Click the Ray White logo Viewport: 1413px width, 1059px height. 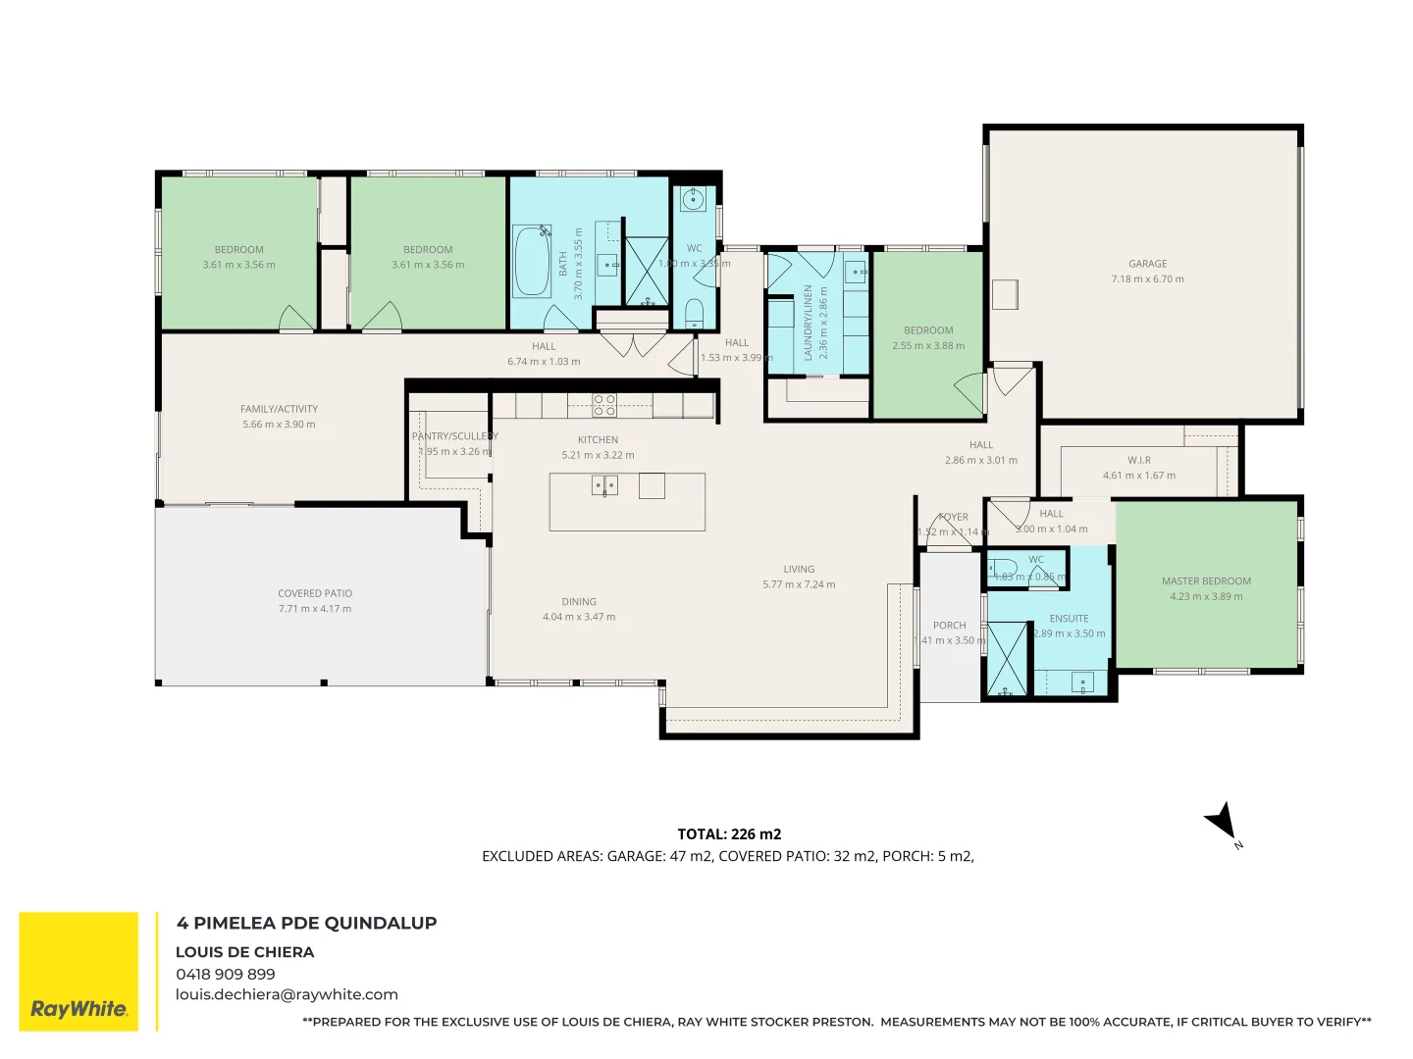tap(78, 972)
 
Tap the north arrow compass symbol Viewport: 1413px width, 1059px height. tap(1223, 822)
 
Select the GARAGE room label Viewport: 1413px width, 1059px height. tap(1147, 264)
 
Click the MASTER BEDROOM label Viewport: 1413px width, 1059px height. tap(1206, 581)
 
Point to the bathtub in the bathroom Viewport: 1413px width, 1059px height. tap(532, 261)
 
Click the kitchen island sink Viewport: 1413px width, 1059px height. tap(604, 485)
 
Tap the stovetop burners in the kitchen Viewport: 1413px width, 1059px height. tap(604, 405)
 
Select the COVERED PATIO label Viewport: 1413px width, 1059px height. tap(314, 593)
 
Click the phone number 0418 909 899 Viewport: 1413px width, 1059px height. tap(226, 974)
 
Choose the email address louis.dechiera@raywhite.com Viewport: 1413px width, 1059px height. tap(287, 994)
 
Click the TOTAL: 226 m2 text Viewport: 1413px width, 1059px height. tap(729, 834)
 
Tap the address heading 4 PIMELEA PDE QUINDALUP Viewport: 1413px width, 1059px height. tap(306, 923)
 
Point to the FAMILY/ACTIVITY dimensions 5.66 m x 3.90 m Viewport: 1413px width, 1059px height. tap(279, 425)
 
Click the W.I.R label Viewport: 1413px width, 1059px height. tap(1138, 460)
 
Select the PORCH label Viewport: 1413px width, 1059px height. tap(949, 626)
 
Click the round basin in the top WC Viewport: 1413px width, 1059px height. tap(694, 200)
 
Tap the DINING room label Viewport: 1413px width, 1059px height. tap(579, 602)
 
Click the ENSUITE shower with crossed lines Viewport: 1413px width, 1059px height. tap(1006, 658)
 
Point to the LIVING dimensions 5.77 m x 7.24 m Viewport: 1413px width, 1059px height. tap(799, 584)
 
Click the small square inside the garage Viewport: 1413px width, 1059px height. tap(1004, 294)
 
